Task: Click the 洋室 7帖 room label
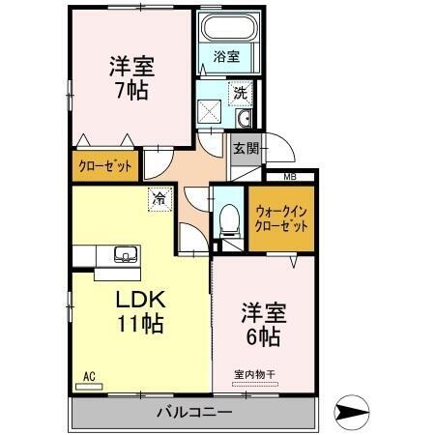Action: pos(130,78)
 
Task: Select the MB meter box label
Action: pos(290,176)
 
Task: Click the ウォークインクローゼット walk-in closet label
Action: pos(281,217)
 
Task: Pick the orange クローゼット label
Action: pos(104,166)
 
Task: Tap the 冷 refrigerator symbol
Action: pos(158,199)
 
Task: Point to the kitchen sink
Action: pos(125,255)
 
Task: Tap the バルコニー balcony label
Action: pos(193,413)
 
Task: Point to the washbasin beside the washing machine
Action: pos(244,119)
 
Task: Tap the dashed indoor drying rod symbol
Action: pos(254,384)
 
